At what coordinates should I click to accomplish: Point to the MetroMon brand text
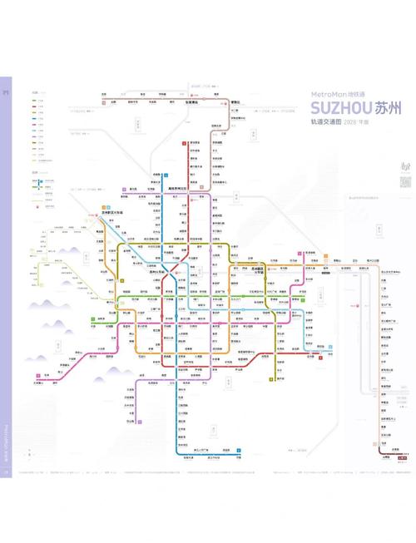pyautogui.click(x=334, y=93)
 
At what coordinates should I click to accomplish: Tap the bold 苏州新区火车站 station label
pyautogui.click(x=111, y=213)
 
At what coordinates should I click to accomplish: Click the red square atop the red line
pyautogui.click(x=184, y=144)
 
